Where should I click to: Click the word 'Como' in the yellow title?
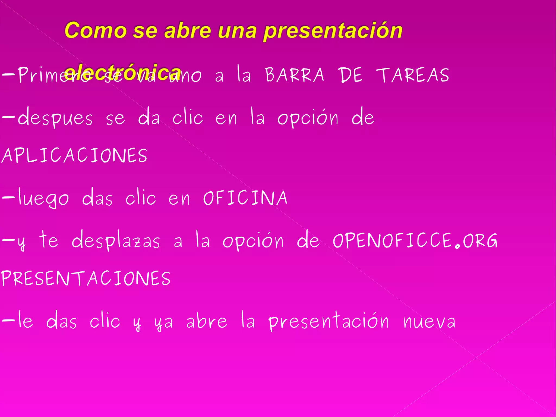click(95, 30)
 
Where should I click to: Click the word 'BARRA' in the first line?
click(295, 75)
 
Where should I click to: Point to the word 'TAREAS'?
click(412, 75)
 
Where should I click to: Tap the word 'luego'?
click(43, 198)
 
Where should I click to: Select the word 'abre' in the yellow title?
click(187, 30)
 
